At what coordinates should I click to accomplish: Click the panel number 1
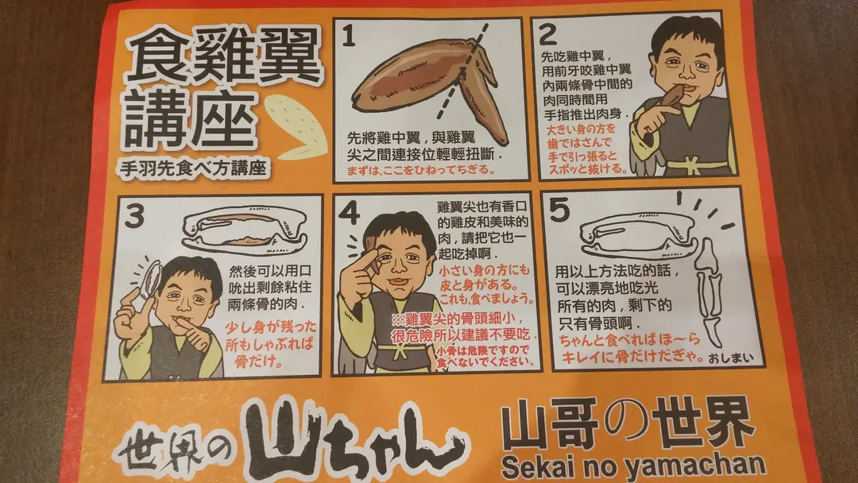(349, 37)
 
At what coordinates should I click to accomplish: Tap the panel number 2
(547, 35)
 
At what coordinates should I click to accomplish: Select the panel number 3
(134, 216)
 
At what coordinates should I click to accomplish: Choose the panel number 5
(560, 210)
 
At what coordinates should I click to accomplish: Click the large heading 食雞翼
(224, 58)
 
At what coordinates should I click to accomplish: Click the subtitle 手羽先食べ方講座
(193, 168)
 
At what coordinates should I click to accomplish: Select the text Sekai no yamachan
(633, 466)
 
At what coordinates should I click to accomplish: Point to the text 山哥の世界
(628, 422)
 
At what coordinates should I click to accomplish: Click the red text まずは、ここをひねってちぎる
(420, 169)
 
